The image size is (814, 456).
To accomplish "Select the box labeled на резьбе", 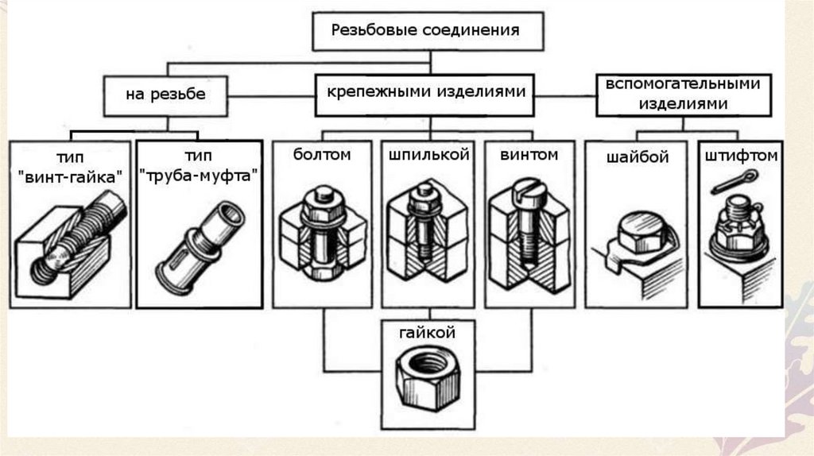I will click(165, 95).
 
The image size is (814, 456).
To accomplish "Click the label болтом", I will click(321, 155).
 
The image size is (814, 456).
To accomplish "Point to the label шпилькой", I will click(429, 155).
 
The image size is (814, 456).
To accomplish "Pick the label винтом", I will click(529, 154).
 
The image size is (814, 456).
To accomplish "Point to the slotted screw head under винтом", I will click(529, 191).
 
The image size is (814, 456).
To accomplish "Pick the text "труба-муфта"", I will click(199, 176).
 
